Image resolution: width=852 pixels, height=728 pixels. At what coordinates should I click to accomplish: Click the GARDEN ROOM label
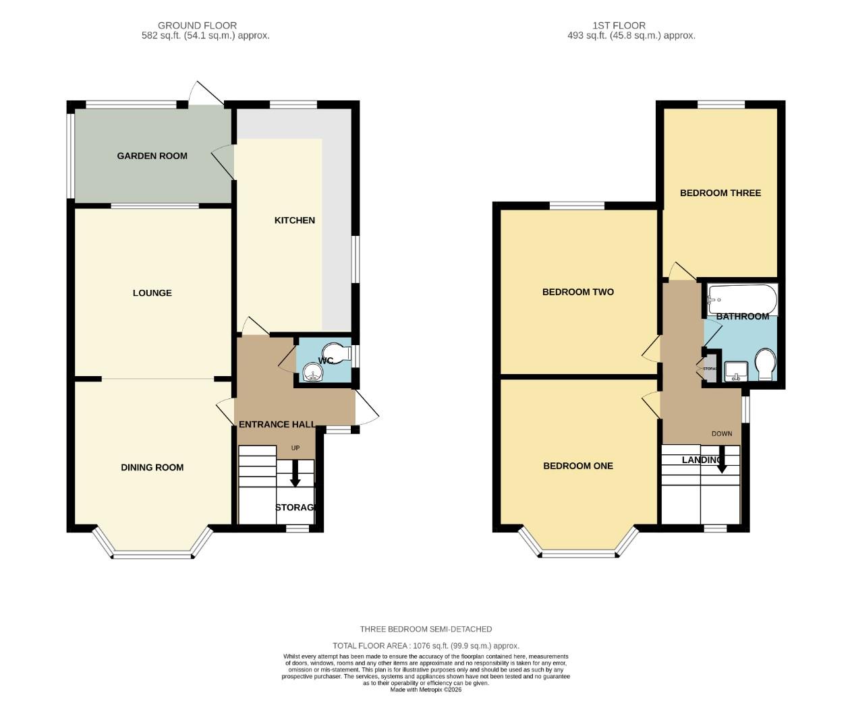coord(152,156)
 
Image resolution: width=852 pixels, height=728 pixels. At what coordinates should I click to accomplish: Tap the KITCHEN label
coord(294,220)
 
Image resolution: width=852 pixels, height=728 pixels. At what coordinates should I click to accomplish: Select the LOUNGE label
coord(152,293)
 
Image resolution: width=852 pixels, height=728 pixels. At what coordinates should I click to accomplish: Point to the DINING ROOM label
coord(152,468)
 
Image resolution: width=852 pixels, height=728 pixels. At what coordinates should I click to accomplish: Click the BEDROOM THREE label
coord(720,193)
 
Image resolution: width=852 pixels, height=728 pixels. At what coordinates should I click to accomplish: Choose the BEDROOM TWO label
coord(577,292)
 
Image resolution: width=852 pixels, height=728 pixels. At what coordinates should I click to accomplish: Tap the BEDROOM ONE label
coord(577,466)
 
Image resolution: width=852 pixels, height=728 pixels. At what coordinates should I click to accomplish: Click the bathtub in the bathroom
coord(741,298)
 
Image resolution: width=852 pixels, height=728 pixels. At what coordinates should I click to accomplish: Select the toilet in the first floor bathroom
coord(764,363)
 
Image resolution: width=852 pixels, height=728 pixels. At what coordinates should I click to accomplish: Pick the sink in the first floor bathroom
coord(735,371)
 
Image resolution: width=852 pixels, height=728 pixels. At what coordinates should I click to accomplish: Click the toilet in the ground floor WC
coord(335,352)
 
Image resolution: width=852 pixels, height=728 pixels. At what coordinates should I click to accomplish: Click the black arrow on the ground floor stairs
coord(295,475)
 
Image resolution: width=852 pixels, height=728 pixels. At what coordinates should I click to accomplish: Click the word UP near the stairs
coord(295,448)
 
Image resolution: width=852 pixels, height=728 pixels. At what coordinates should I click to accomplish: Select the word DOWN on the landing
coord(721,433)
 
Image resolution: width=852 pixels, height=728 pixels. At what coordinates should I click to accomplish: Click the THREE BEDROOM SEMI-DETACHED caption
coord(426,629)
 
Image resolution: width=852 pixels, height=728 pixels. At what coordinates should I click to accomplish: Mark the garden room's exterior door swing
coord(204,94)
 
